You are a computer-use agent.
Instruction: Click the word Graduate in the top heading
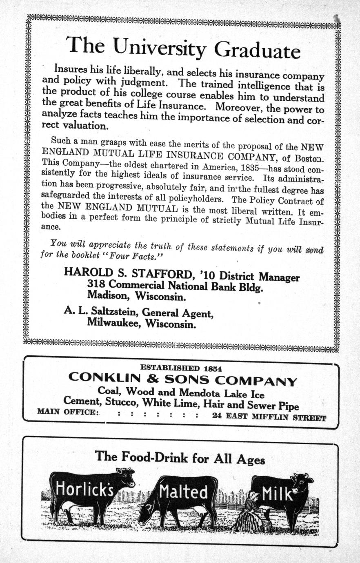(258, 51)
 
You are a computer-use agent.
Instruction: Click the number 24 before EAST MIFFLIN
(218, 417)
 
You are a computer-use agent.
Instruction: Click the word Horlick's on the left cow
(84, 488)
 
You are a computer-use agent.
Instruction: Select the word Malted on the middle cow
(183, 492)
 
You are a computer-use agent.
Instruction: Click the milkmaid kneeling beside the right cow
(250, 512)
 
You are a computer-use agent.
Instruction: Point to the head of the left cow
(126, 477)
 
